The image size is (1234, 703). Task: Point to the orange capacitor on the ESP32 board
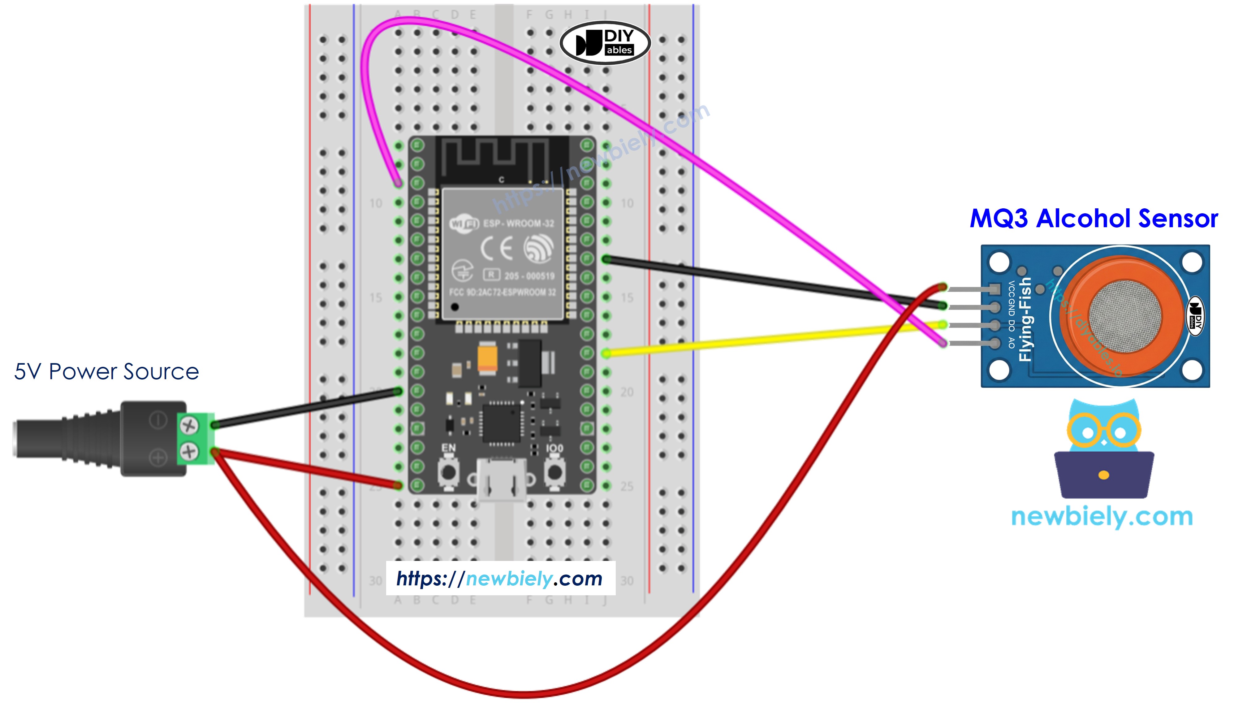(487, 357)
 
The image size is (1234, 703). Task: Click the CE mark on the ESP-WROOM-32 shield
(496, 248)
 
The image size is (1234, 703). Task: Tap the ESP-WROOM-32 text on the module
(518, 223)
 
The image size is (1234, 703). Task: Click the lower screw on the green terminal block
(189, 451)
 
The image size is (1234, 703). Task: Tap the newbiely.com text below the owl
(1102, 517)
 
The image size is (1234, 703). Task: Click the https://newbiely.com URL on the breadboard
(500, 579)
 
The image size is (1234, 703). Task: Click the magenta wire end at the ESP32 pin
(398, 183)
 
